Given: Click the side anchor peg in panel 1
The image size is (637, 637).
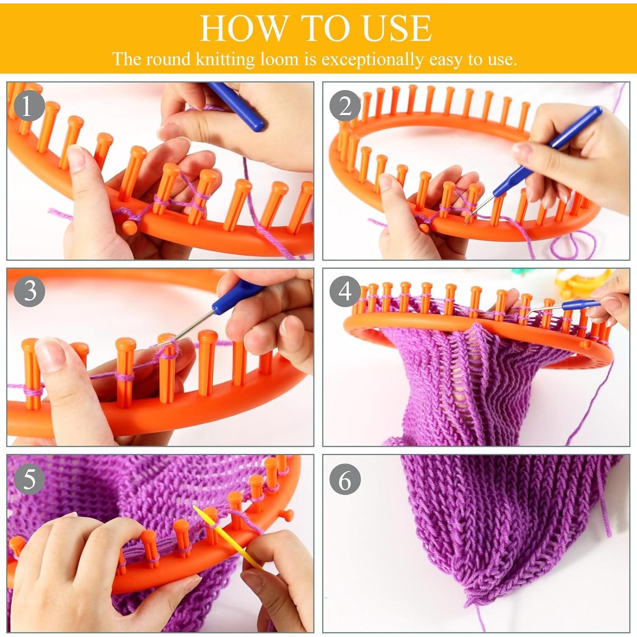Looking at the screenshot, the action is coord(130,226).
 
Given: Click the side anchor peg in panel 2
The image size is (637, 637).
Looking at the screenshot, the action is coord(424,228).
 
